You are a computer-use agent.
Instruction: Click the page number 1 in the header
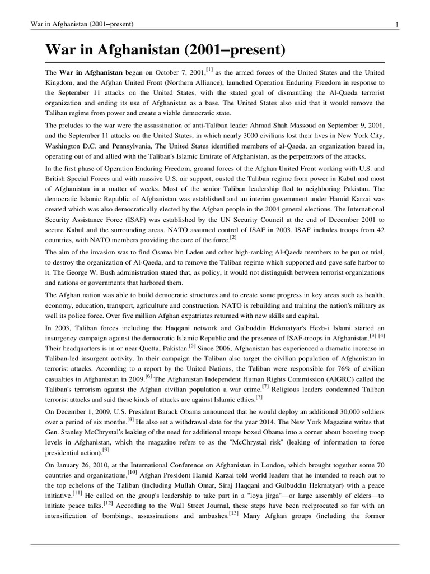(x=397, y=24)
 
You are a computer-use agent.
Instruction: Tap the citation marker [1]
(x=209, y=70)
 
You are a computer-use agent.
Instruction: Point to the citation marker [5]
(x=191, y=346)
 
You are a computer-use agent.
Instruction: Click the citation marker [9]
(x=106, y=449)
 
